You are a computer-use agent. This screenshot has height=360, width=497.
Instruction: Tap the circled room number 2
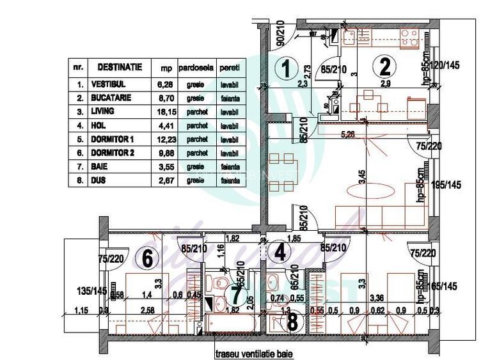[385, 66]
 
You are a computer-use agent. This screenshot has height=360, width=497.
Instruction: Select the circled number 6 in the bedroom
[146, 259]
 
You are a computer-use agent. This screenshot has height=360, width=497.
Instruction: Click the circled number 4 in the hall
[280, 253]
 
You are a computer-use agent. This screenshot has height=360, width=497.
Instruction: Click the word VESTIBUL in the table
[108, 84]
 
